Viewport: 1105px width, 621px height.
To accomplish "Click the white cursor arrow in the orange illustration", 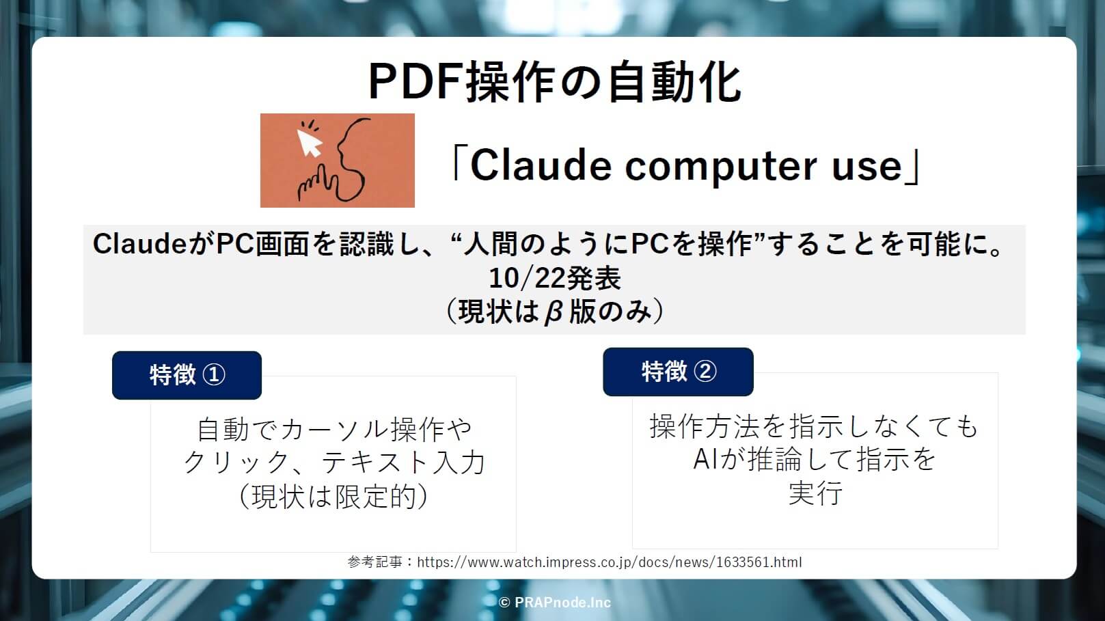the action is (x=310, y=143).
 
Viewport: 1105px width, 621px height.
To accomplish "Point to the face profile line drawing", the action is (x=353, y=158).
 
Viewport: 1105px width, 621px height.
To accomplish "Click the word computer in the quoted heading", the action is (x=721, y=167).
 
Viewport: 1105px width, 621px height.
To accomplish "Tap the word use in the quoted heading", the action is (x=867, y=167).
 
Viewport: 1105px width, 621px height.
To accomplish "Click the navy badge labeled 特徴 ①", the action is (x=187, y=375).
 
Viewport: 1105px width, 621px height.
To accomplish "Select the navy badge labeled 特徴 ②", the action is (x=679, y=372).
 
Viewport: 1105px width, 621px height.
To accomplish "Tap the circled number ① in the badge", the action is (x=214, y=375).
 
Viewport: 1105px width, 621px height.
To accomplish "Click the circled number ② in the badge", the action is (x=705, y=372).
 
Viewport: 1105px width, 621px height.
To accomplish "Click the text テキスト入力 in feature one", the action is (x=403, y=463).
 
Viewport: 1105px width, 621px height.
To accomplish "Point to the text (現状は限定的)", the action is (x=333, y=496).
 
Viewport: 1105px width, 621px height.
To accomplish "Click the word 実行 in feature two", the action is (x=815, y=493).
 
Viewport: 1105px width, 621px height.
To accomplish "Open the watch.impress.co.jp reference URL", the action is (x=610, y=562).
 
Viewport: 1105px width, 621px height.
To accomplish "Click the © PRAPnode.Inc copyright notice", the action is (x=554, y=603).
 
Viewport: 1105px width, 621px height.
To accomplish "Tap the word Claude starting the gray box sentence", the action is (x=140, y=244).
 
